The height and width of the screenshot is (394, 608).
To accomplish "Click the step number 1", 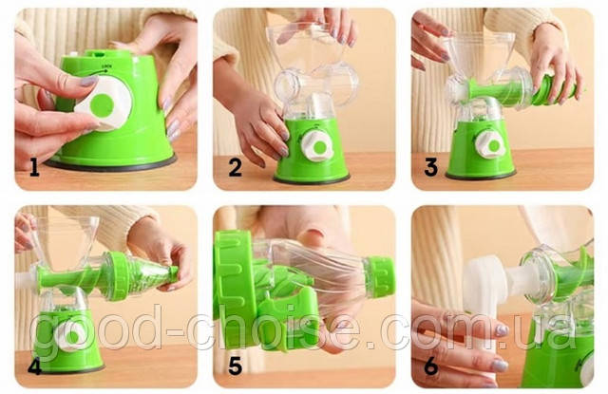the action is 34,169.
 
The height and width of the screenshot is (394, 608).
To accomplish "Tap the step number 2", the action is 236,168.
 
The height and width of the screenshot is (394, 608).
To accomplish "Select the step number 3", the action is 430,168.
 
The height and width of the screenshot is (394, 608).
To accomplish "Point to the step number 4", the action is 34,366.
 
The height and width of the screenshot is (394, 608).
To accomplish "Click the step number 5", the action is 235,366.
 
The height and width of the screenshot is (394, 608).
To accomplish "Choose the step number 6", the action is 431,366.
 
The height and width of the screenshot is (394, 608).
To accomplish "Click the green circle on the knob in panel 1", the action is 102,105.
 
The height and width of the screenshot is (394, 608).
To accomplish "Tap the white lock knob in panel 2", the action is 317,146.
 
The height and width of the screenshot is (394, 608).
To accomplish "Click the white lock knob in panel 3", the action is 490,145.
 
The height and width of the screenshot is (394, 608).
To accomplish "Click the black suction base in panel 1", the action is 111,163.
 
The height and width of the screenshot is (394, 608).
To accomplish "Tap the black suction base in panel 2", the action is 312,179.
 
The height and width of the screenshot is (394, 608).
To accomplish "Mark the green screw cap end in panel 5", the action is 380,277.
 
